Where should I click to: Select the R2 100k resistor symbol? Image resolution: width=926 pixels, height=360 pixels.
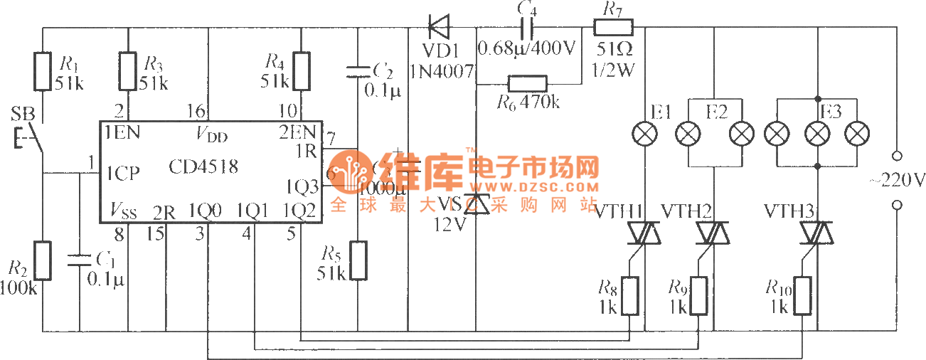pos(43,260)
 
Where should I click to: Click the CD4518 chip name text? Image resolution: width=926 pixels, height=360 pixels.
pos(203,167)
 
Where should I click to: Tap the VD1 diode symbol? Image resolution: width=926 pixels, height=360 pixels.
pos(439,28)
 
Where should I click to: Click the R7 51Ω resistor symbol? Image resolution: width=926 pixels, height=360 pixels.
pos(613,28)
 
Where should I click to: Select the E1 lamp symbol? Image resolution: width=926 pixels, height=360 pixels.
pos(645,133)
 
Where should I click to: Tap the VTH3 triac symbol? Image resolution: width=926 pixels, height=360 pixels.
pos(818,233)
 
